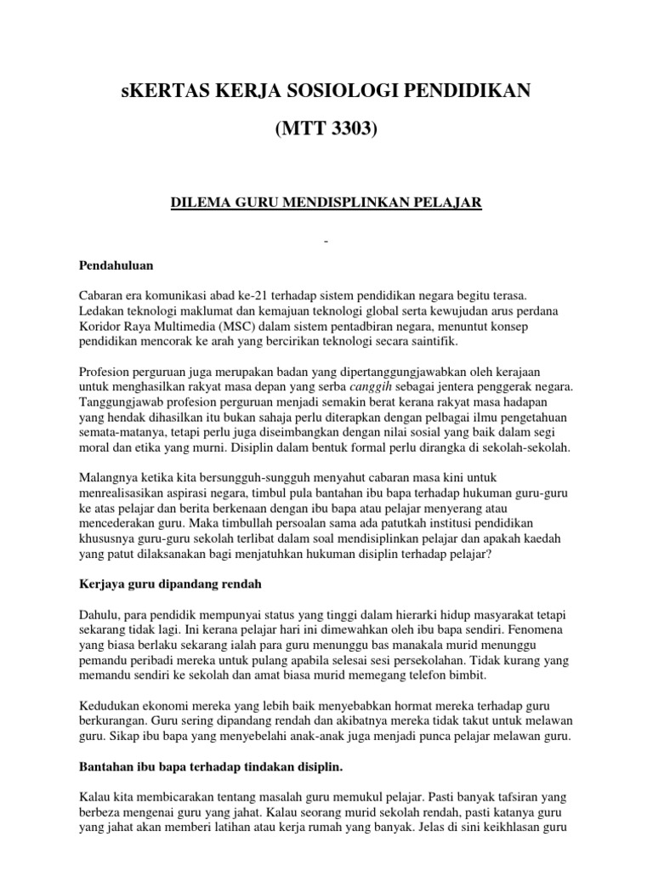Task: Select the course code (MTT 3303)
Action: click(326, 132)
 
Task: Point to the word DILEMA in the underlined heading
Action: click(196, 202)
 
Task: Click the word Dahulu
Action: click(99, 615)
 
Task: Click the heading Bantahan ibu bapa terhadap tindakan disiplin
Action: click(210, 768)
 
